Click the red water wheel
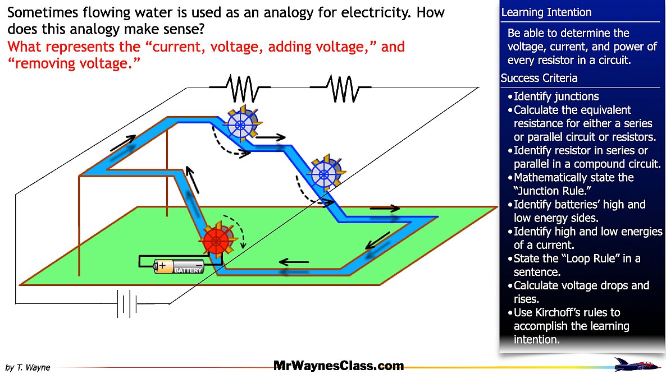(x=216, y=241)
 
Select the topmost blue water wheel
(x=241, y=123)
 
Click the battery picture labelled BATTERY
(x=180, y=266)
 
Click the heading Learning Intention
(x=546, y=12)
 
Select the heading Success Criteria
(x=539, y=79)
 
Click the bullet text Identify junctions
(x=556, y=96)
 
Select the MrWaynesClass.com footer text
(x=338, y=366)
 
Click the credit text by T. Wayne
(x=28, y=367)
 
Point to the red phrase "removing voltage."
(x=74, y=64)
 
